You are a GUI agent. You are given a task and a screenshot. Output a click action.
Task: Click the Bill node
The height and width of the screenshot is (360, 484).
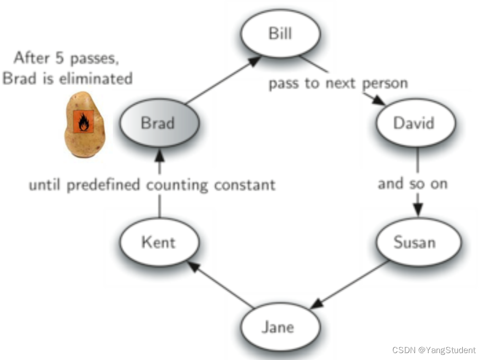click(280, 34)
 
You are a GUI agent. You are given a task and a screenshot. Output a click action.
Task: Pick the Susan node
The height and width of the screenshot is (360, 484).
click(415, 242)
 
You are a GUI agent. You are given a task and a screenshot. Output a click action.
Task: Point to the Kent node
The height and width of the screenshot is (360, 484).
click(159, 242)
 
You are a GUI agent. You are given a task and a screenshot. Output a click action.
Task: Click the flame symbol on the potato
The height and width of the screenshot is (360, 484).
click(83, 123)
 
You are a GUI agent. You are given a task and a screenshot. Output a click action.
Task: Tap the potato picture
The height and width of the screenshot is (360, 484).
click(85, 124)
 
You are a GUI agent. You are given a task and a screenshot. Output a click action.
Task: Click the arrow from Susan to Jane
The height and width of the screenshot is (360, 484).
click(350, 284)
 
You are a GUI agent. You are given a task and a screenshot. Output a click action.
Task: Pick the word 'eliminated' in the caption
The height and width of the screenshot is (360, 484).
click(100, 78)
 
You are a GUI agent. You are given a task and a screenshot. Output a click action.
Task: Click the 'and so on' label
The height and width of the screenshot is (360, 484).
click(412, 183)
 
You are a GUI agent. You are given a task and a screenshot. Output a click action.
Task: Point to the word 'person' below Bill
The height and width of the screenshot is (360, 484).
click(385, 84)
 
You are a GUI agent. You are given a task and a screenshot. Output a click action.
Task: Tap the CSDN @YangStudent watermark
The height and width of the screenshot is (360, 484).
click(434, 350)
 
